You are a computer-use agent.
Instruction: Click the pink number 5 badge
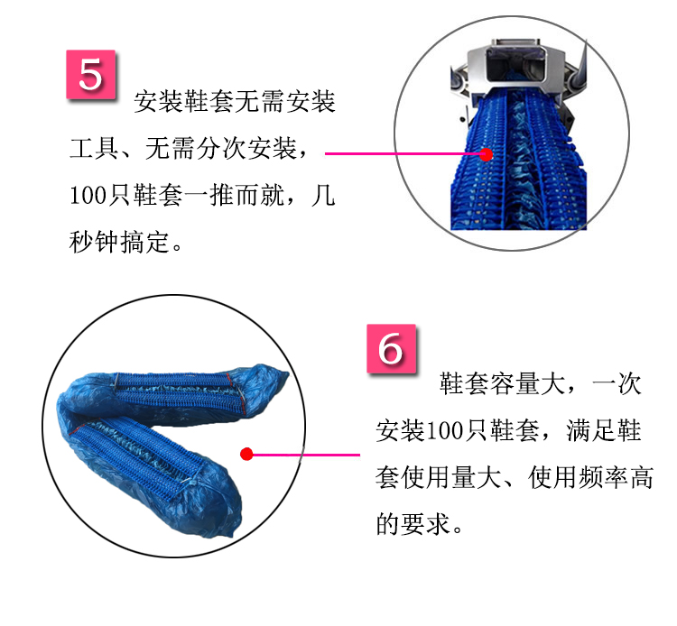pos(90,74)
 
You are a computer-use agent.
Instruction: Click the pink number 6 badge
pos(391,348)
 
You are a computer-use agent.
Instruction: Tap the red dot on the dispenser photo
pos(487,154)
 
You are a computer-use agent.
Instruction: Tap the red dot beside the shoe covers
pos(246,454)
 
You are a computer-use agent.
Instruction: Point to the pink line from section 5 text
pos(405,153)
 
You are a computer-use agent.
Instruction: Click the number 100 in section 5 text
pos(88,195)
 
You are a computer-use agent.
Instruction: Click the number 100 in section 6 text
pos(444,430)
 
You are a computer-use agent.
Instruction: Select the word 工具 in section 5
pos(94,149)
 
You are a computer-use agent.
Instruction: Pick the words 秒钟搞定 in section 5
pos(119,242)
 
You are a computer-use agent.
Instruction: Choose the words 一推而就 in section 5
pos(235,195)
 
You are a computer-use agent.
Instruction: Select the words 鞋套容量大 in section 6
pos(502,383)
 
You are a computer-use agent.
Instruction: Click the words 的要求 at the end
pos(413,524)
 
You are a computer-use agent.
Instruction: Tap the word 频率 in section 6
pos(602,477)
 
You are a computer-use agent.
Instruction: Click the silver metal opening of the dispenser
pos(516,66)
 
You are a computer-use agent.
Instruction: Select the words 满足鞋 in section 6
pos(604,430)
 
